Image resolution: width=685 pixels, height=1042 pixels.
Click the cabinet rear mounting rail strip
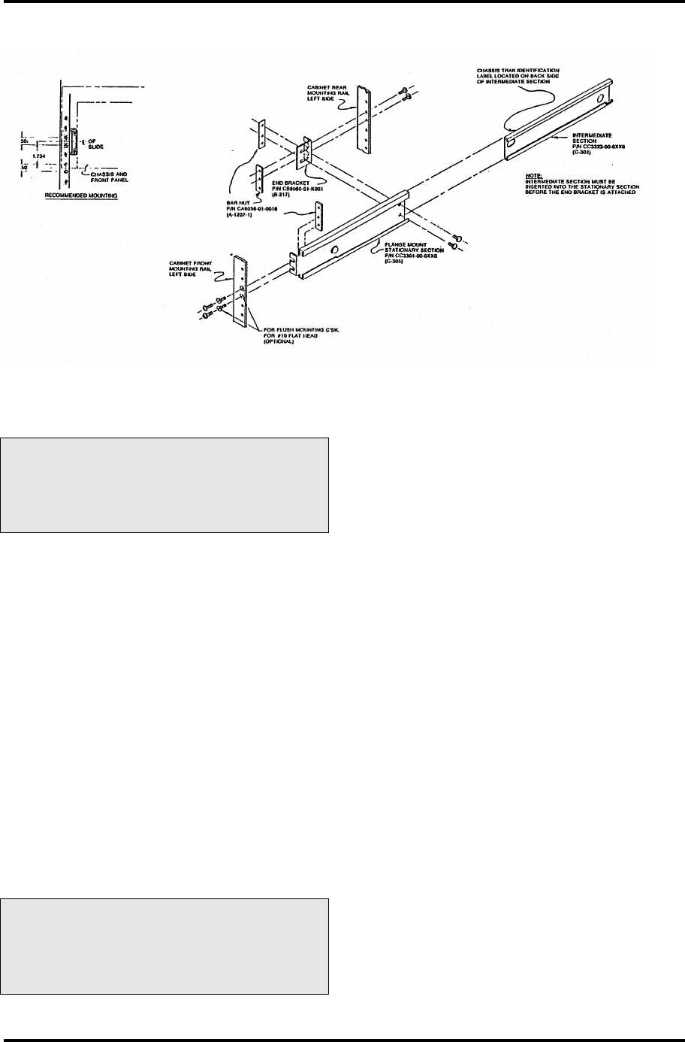pos(365,120)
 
